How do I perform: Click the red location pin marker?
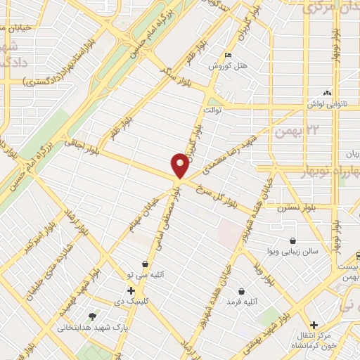180,166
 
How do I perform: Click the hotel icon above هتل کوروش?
227,56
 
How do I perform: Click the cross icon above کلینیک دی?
131,290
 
